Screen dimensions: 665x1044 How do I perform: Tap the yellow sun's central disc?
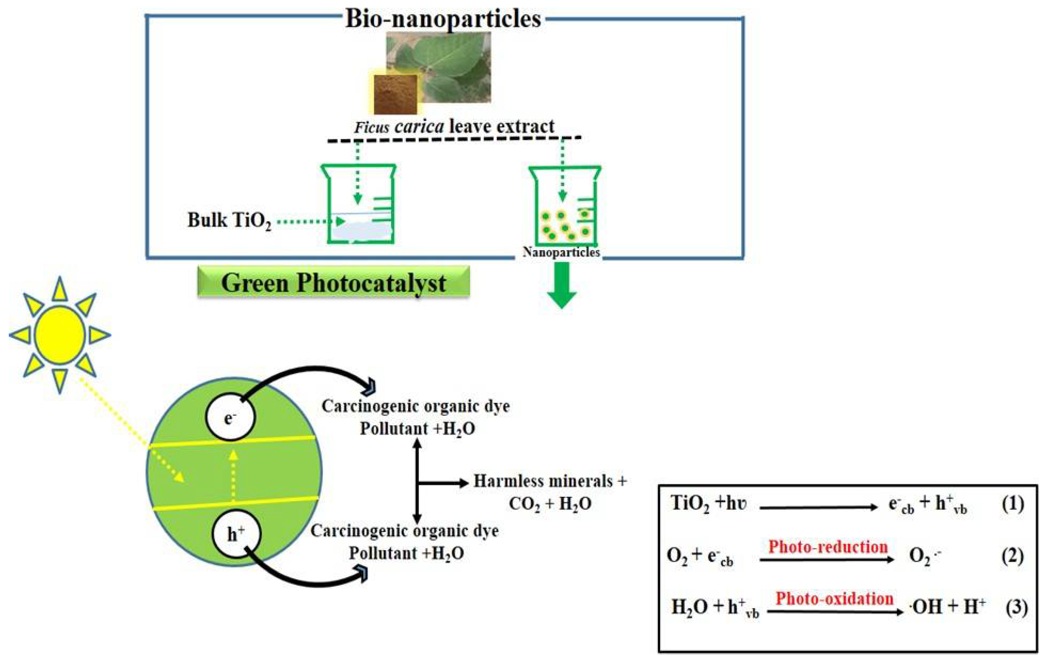click(59, 335)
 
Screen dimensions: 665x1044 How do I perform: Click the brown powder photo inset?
click(395, 94)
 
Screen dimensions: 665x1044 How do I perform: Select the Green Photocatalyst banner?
click(334, 283)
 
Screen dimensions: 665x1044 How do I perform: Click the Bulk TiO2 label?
click(229, 220)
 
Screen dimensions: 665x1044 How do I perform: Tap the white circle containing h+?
click(236, 534)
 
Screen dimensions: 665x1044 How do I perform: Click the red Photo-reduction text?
click(828, 547)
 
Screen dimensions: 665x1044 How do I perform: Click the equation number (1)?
click(1013, 504)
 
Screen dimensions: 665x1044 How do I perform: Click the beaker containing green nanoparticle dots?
click(565, 206)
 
